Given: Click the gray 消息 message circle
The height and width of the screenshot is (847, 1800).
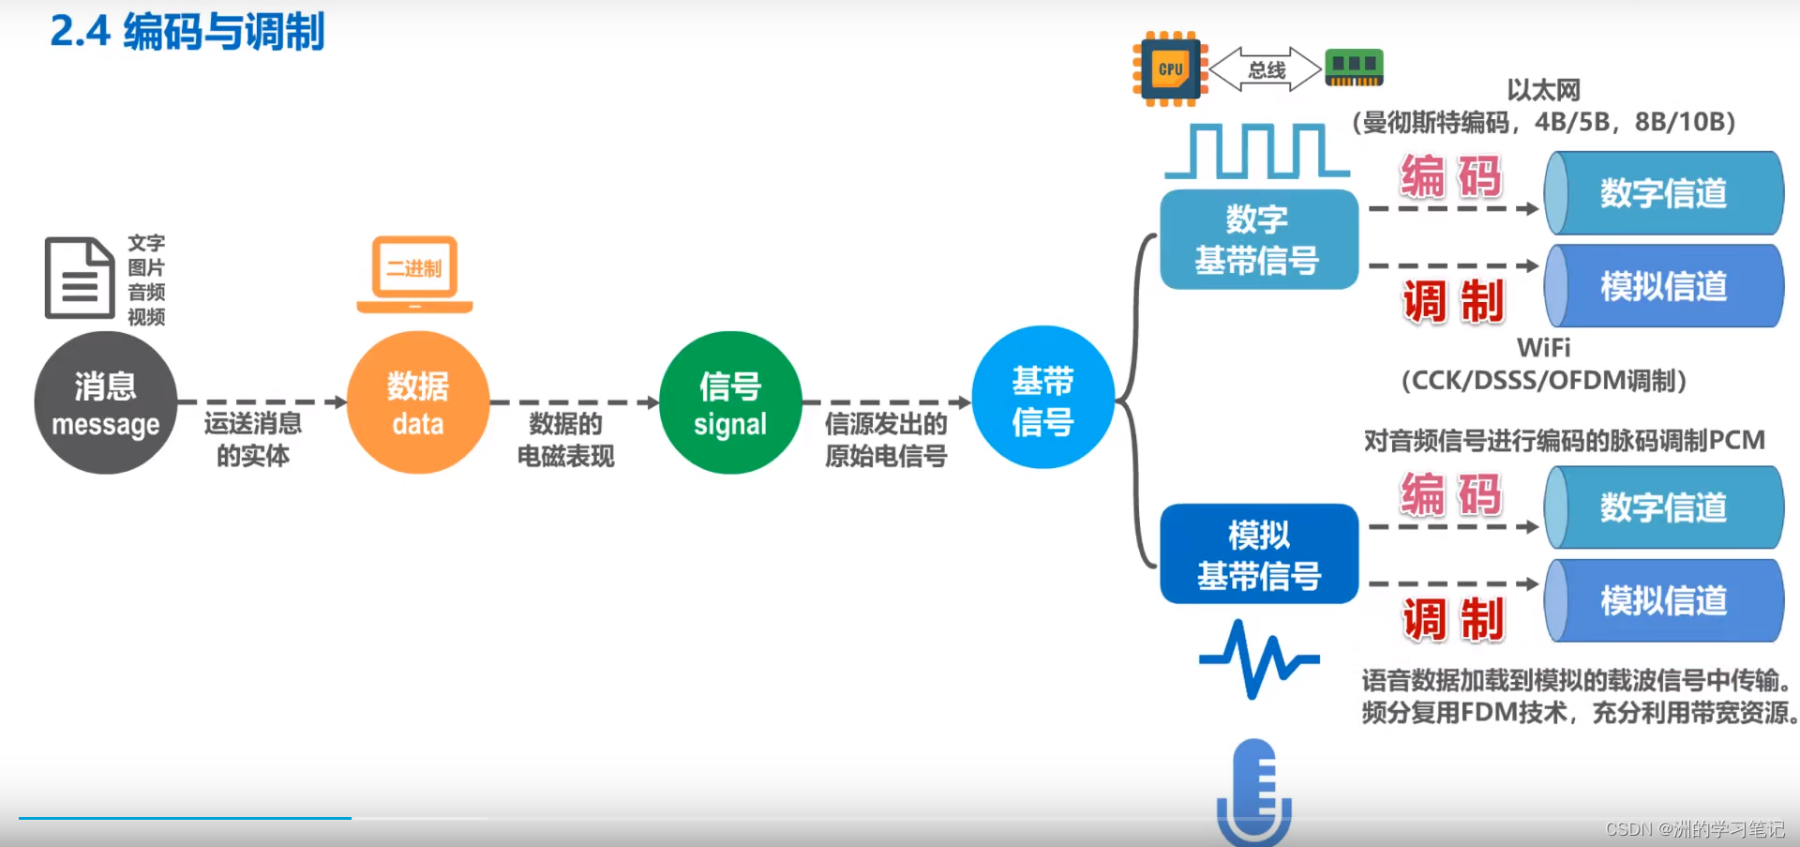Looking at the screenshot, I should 105,403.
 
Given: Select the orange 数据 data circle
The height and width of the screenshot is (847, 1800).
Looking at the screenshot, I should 418,403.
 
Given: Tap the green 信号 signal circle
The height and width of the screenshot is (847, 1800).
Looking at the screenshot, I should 730,403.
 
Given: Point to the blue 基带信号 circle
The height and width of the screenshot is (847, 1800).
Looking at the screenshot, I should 1042,399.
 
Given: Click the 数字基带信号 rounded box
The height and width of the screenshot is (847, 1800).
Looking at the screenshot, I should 1258,239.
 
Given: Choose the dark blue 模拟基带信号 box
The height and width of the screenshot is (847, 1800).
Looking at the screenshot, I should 1258,553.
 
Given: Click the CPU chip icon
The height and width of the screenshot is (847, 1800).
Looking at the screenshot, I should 1170,69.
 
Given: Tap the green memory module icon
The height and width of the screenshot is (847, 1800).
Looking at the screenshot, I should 1354,68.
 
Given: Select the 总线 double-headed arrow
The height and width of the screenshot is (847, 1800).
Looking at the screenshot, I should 1266,69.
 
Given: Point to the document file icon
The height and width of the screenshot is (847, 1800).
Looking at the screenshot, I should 79,279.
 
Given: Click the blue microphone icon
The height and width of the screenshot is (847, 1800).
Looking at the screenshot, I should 1254,793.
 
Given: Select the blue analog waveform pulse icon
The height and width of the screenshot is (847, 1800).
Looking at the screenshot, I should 1258,658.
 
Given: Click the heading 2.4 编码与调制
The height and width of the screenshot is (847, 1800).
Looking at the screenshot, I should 187,32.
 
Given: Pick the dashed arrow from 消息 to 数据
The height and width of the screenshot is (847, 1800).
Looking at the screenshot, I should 262,402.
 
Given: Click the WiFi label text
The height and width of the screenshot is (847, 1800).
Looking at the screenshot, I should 1543,348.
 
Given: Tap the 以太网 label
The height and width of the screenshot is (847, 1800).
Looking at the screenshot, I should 1543,90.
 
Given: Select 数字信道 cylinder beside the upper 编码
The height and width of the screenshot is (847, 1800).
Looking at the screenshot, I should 1663,193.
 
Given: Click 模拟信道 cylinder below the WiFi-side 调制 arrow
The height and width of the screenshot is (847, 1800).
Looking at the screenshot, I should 1663,286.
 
